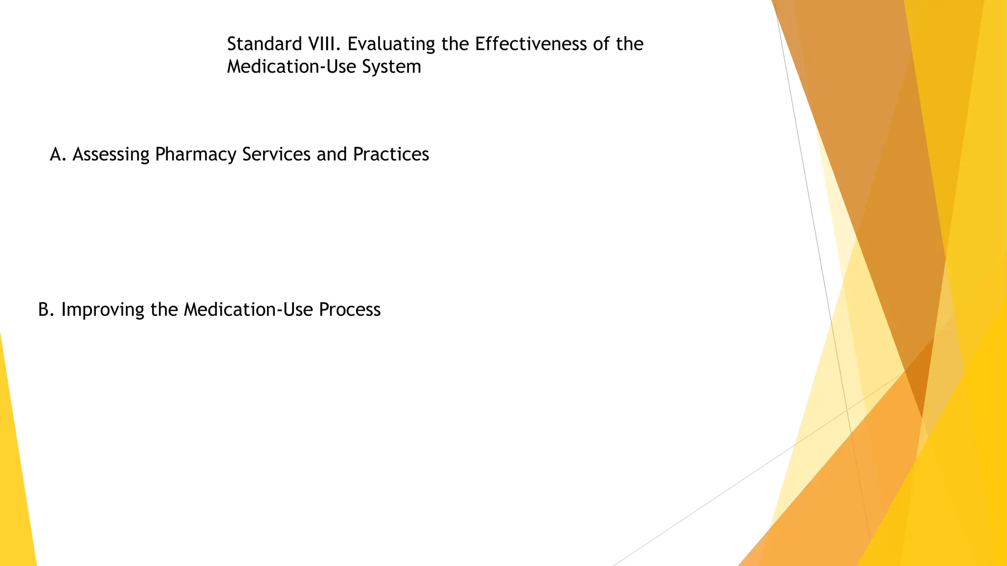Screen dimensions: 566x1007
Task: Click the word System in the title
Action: click(x=391, y=67)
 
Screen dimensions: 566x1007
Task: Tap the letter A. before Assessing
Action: click(x=58, y=154)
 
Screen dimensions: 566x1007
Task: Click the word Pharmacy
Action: click(x=195, y=154)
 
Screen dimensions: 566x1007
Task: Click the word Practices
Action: click(x=391, y=154)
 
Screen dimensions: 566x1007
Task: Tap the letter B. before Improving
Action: click(x=46, y=310)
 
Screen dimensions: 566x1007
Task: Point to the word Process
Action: click(x=350, y=310)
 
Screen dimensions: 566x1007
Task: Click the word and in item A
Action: click(x=332, y=154)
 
